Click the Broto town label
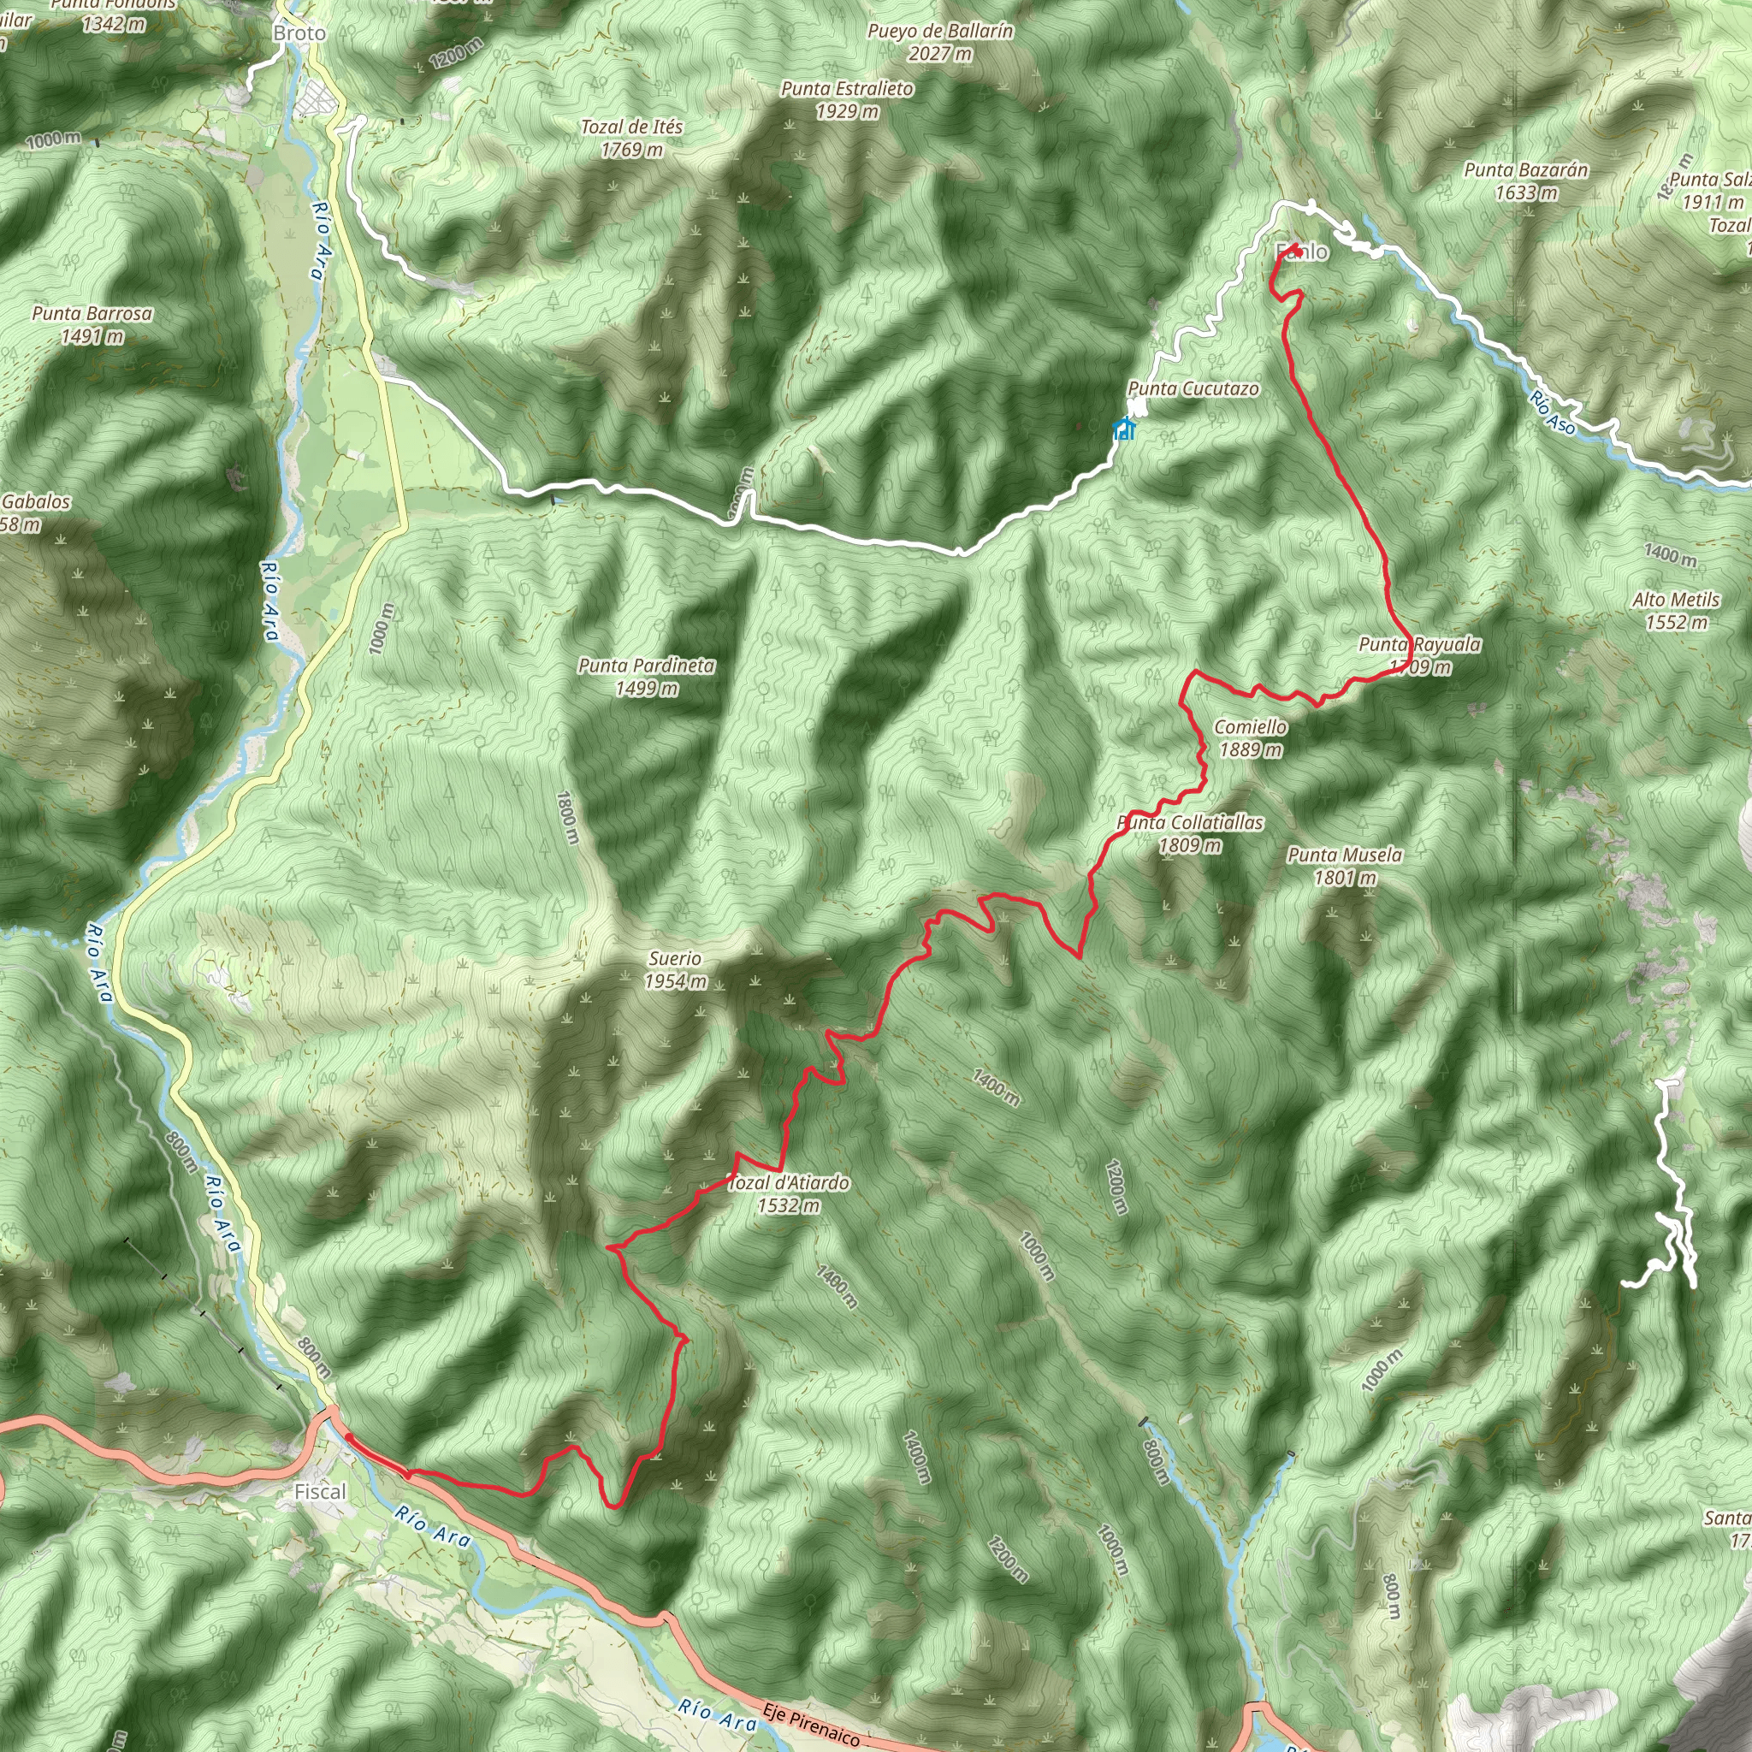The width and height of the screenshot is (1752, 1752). (x=299, y=33)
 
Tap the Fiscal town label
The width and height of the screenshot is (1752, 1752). (x=320, y=1492)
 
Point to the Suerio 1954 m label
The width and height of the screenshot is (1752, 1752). (x=676, y=969)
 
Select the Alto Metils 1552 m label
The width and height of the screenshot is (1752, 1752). (x=1676, y=610)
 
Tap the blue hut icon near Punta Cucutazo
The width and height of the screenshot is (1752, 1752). (x=1124, y=428)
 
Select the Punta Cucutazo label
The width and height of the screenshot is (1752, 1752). (x=1193, y=389)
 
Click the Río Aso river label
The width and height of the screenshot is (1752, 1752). (x=1552, y=411)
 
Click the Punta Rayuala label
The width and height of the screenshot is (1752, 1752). (x=1419, y=645)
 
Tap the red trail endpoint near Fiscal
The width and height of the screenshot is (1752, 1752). (x=349, y=1438)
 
